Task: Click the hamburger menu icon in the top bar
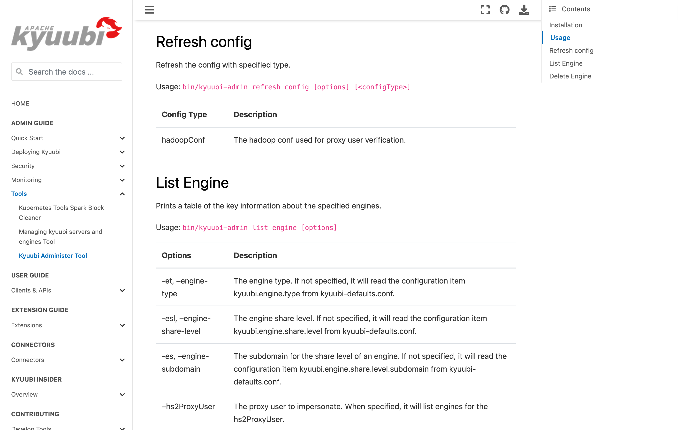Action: tap(149, 10)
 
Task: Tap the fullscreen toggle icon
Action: tap(485, 10)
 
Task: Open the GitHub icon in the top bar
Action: tap(504, 10)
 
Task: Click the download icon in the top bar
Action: tap(524, 10)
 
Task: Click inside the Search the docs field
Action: tap(71, 72)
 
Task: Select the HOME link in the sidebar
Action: tap(20, 103)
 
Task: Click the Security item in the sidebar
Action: tap(23, 166)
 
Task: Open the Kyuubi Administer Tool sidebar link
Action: tap(53, 255)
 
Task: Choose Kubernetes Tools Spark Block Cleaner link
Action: tap(61, 213)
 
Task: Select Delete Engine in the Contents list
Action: tap(570, 76)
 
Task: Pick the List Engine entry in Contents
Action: tap(566, 63)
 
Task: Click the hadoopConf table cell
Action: tap(183, 140)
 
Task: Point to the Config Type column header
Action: tap(184, 115)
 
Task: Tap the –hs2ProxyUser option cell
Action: tap(188, 407)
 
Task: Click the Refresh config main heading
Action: tap(204, 42)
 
